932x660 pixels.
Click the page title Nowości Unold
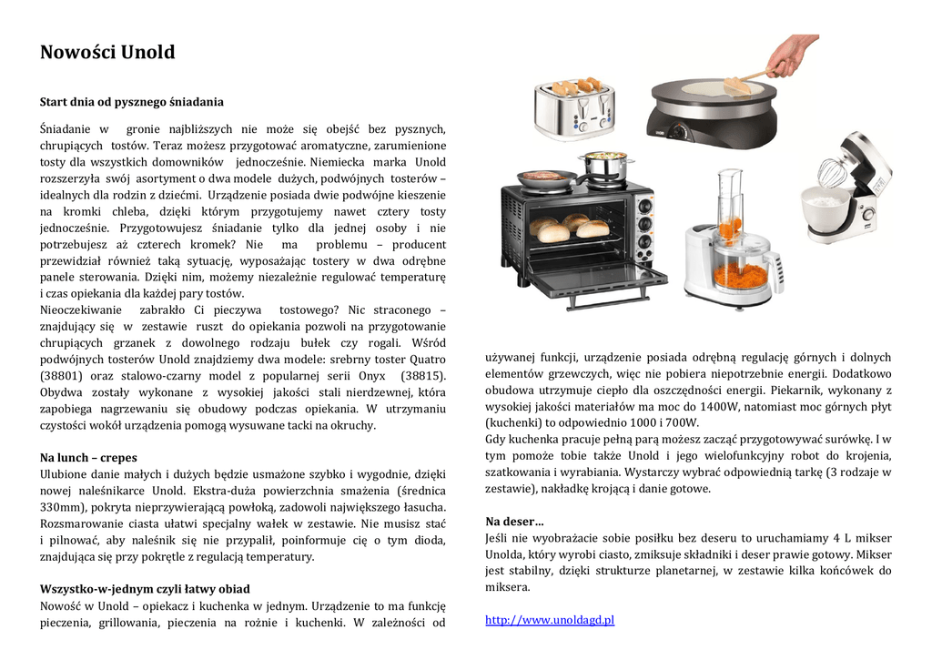[107, 52]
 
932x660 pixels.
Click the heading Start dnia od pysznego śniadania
[132, 101]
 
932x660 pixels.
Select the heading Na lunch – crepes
[88, 457]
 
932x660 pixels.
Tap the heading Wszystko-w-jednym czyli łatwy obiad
[145, 589]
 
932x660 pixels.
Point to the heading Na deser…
[514, 522]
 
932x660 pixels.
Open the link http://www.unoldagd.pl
[550, 620]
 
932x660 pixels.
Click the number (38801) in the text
[62, 376]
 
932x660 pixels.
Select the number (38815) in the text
[423, 376]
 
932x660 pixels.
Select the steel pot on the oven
[605, 167]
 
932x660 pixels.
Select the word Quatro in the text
[423, 360]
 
